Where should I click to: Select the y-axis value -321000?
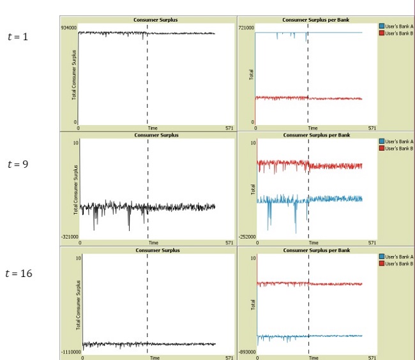pyautogui.click(x=70, y=236)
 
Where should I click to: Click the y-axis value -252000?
pyautogui.click(x=246, y=236)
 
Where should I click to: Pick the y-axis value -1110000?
pyautogui.click(x=71, y=352)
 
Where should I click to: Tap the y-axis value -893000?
pyautogui.click(x=246, y=352)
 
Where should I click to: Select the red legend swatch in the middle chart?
pyautogui.click(x=381, y=148)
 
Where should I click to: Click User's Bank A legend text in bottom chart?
pyautogui.click(x=400, y=257)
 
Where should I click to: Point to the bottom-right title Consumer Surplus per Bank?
pyautogui.click(x=316, y=250)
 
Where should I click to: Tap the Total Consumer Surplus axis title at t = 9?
pyautogui.click(x=75, y=188)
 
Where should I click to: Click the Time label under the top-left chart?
pyautogui.click(x=153, y=128)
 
